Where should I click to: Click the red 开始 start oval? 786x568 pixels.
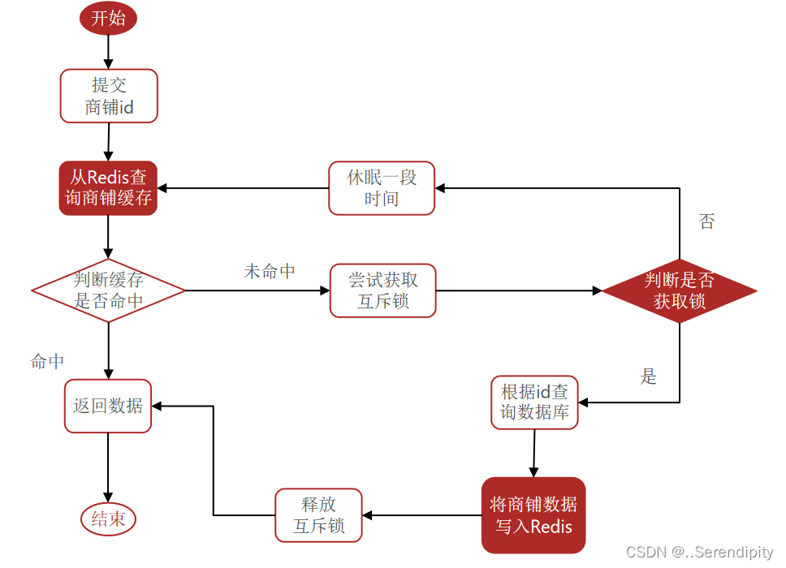[108, 19]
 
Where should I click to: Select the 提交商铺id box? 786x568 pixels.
[109, 96]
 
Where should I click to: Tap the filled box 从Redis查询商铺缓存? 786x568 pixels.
[108, 188]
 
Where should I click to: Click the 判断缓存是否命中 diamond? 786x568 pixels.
[108, 290]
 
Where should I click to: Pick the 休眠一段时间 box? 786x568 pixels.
[382, 188]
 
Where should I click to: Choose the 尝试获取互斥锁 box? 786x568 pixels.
[383, 290]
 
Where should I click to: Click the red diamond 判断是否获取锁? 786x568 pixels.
[679, 290]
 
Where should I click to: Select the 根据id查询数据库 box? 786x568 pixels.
[533, 402]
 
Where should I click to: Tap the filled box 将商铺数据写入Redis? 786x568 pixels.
[533, 515]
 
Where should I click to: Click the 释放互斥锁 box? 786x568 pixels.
[318, 515]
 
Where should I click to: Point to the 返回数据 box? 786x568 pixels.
[108, 406]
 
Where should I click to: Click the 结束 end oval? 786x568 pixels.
[108, 519]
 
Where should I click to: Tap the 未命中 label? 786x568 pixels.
[270, 272]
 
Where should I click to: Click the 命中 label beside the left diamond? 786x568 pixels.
[47, 362]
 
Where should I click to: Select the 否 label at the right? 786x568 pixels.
[706, 222]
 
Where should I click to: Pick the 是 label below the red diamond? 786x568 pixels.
[648, 377]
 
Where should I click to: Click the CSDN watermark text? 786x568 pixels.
[699, 553]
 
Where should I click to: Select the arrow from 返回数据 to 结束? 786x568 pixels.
[108, 467]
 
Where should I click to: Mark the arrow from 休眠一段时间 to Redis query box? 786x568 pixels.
[244, 188]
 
